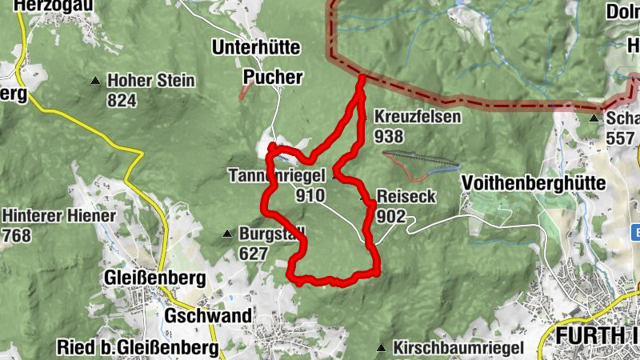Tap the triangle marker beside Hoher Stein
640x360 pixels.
coord(96,81)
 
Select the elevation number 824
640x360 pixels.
coord(122,100)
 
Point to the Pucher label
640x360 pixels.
coord(273,78)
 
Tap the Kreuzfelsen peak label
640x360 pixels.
coord(418,117)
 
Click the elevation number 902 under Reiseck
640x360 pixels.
coord(391,216)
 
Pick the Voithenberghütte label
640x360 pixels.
coord(534,183)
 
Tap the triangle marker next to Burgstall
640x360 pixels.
coord(227,234)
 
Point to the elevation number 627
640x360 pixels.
coord(254,254)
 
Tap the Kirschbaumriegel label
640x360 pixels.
coord(458,348)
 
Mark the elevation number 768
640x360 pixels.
coord(18,235)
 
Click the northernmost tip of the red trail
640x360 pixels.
coord(362,77)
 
